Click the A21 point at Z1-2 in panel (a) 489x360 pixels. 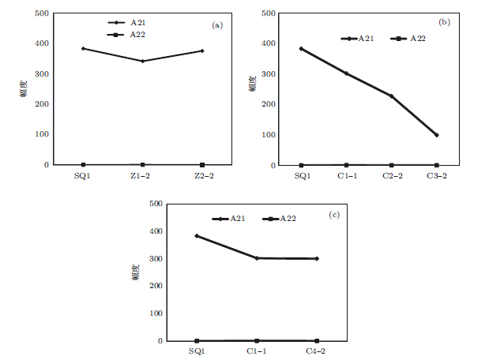point(142,61)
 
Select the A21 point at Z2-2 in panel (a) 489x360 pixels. point(202,51)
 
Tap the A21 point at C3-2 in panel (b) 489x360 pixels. point(436,135)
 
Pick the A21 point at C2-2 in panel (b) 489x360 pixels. point(391,96)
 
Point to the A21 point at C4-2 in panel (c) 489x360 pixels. point(317,258)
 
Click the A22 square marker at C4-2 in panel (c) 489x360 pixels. point(317,341)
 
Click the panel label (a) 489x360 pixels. point(218,25)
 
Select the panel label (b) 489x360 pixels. point(444,22)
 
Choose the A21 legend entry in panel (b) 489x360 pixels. point(359,38)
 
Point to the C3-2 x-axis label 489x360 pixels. point(436,175)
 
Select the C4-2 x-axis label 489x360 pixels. point(317,351)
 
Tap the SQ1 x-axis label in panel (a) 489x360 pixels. point(82,175)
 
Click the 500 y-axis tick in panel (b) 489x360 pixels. point(267,13)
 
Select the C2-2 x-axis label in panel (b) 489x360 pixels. point(391,175)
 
